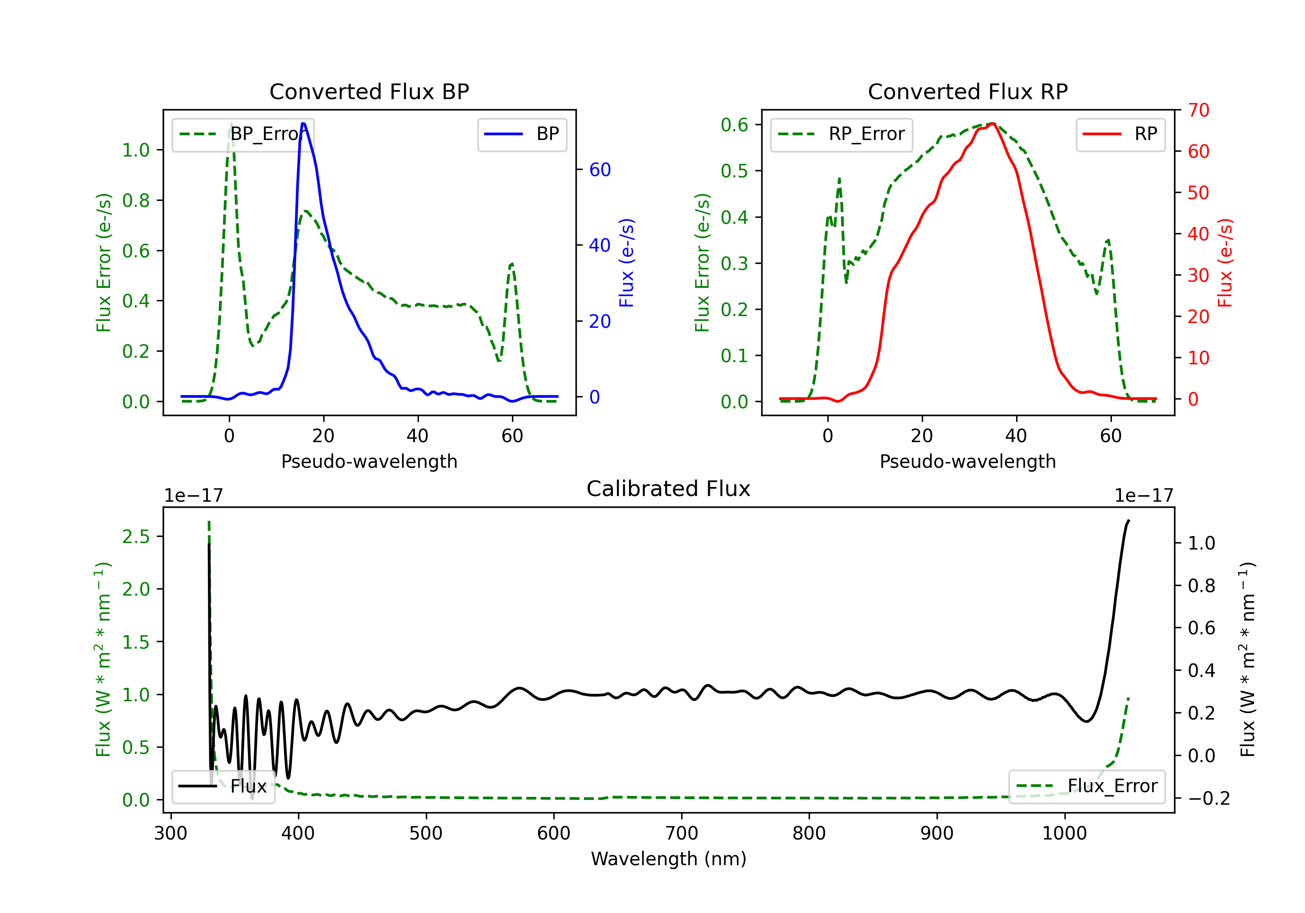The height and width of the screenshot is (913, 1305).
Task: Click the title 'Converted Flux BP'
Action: point(369,91)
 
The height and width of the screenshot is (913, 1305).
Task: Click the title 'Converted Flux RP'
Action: point(967,91)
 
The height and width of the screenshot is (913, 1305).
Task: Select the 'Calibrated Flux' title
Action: point(669,489)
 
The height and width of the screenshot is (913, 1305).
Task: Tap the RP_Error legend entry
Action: point(841,134)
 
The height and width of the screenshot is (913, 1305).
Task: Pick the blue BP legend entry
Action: point(522,134)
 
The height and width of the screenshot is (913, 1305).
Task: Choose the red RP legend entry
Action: point(1120,134)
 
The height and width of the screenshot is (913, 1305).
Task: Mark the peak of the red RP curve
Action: point(992,123)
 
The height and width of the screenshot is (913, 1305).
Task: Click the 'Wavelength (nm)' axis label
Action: point(669,859)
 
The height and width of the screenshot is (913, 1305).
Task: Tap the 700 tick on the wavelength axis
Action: point(682,833)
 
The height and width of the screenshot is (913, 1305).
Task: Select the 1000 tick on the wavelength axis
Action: point(1064,833)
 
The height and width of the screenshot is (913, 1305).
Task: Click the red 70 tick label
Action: point(1199,110)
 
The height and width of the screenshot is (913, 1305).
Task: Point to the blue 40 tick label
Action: point(599,246)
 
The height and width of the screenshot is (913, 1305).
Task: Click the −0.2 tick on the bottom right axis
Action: point(1209,798)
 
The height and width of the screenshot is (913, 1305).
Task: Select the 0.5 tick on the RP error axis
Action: point(734,170)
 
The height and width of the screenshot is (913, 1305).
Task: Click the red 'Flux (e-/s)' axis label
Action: point(1225,263)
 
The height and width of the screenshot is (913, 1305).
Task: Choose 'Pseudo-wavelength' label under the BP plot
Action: point(369,461)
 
